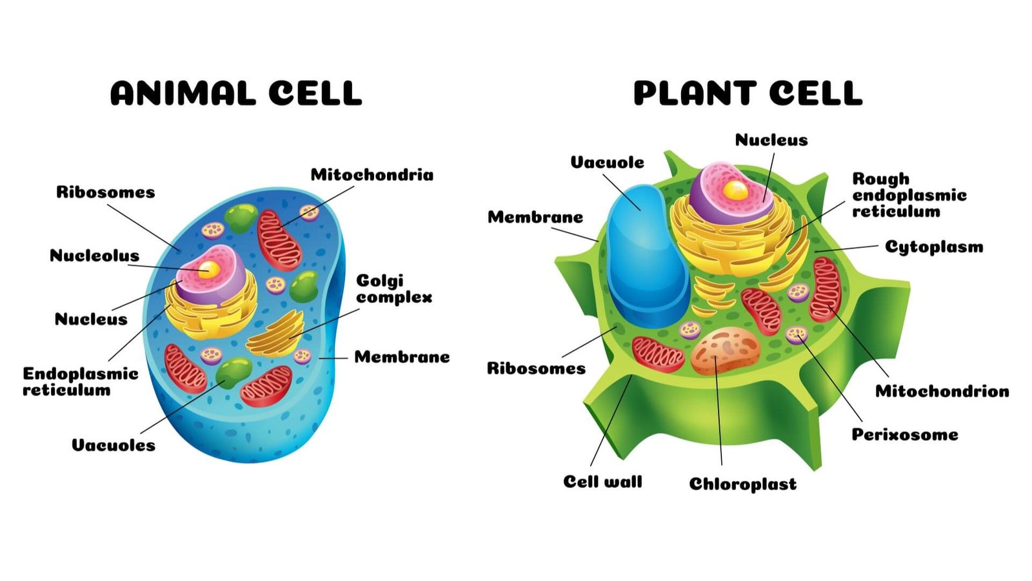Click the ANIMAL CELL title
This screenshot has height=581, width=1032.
[236, 94]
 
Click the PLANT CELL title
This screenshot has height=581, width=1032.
[748, 94]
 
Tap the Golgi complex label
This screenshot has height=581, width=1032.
[393, 289]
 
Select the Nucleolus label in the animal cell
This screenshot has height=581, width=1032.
[94, 256]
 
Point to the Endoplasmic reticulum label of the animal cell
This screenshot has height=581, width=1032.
[80, 382]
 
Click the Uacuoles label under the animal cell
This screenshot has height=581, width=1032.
[114, 445]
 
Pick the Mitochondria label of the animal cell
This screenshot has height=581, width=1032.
[372, 175]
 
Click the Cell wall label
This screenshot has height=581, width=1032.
[602, 482]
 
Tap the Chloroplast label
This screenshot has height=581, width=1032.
[742, 484]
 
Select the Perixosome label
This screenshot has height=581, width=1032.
[904, 434]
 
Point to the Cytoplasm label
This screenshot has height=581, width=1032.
[933, 247]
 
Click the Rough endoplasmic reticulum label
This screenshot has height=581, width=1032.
[909, 195]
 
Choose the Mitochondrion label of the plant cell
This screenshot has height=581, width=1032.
[942, 391]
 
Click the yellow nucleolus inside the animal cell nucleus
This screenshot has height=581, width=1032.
[208, 269]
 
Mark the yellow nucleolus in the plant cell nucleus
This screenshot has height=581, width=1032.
[735, 189]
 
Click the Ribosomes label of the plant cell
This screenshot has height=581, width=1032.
[536, 369]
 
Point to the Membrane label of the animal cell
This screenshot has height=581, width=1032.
[402, 357]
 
